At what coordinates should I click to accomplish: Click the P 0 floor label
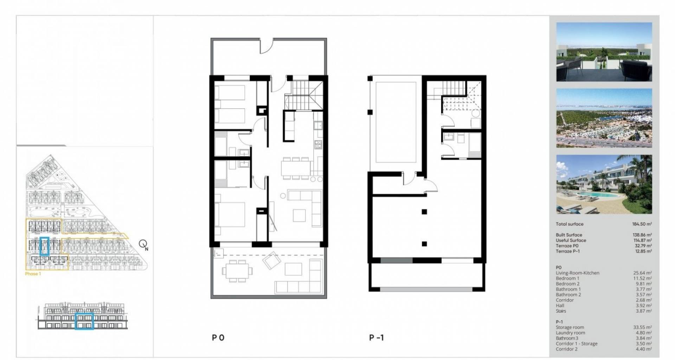[x=218, y=338]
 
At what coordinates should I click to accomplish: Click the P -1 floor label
[x=377, y=338]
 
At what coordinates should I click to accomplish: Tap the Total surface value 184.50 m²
[x=642, y=224]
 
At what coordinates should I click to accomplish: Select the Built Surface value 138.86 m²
[x=642, y=235]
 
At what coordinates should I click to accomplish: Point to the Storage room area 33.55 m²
[x=643, y=327]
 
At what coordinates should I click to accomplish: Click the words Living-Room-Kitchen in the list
[x=578, y=273]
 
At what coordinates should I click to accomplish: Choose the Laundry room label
[x=570, y=333]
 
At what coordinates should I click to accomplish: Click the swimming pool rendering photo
[x=604, y=184]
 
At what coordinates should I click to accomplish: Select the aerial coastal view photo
[x=604, y=118]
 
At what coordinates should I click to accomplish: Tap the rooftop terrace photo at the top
[x=604, y=52]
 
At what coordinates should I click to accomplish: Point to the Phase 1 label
[x=33, y=274]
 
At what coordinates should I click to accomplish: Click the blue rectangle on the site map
[x=44, y=246]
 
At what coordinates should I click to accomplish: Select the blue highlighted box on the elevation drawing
[x=84, y=321]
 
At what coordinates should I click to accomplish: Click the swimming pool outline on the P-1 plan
[x=396, y=122]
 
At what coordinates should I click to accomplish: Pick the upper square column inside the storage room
[x=424, y=212]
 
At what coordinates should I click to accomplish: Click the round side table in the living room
[x=283, y=196]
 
